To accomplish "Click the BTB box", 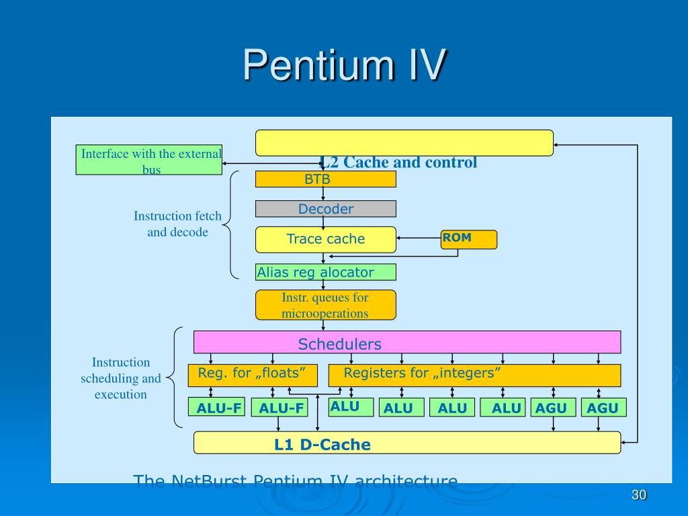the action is coord(326,179).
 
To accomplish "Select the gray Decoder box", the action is coord(326,209).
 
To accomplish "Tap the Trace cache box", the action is coord(326,240).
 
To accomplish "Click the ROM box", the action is coord(469,240).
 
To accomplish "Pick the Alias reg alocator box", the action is coord(326,272).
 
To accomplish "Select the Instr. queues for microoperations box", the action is coord(326,305).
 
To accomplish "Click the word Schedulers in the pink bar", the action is coord(339,344).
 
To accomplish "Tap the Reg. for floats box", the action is coord(253,375).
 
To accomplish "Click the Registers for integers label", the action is coord(422,373).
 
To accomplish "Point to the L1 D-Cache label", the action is coord(322,445).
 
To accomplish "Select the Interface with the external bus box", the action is coord(149,160).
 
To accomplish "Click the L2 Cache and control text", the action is coord(399,163).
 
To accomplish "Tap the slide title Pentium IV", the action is coord(345,65).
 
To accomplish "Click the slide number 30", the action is coord(639,495).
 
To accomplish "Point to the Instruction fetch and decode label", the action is coord(177,224).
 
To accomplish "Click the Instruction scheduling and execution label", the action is coord(121,378).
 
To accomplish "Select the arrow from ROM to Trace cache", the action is coord(419,238).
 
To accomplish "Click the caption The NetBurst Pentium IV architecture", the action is coord(296,481).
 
